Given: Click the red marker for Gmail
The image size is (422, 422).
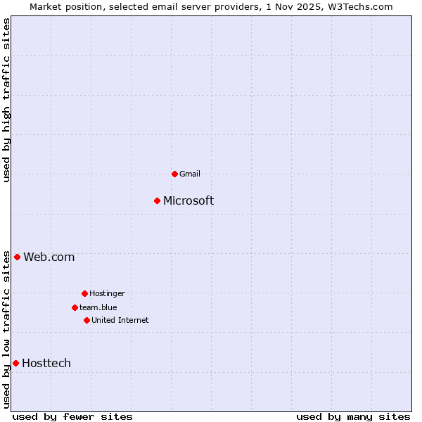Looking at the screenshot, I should click(x=174, y=174).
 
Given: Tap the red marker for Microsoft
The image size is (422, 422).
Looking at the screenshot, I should click(x=158, y=200).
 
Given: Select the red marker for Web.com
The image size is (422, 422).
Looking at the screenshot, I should click(x=17, y=257).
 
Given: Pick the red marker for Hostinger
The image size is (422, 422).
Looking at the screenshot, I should click(x=84, y=293).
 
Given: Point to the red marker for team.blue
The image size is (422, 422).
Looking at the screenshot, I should click(x=75, y=307).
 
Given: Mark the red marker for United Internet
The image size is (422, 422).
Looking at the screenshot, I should click(x=87, y=320).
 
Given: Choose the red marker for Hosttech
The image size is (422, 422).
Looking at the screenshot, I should click(x=15, y=363).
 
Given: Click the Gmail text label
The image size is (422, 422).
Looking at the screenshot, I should click(x=190, y=174).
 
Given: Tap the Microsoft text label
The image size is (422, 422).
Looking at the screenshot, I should click(x=188, y=201).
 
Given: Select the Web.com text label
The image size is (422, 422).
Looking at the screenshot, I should click(x=49, y=257).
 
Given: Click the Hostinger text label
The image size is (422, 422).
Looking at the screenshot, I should click(x=107, y=293).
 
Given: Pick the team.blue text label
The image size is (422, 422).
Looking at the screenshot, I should click(x=98, y=307).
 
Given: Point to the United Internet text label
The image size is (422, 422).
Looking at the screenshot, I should click(x=120, y=320).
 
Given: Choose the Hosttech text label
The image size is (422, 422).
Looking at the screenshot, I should click(x=46, y=364).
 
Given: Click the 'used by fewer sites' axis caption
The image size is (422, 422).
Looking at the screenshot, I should click(x=72, y=416).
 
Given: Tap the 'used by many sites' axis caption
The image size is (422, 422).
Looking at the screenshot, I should click(x=353, y=416).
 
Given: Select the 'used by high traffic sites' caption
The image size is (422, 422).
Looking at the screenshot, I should click(x=7, y=100).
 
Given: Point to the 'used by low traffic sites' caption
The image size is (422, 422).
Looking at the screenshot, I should click(x=7, y=328).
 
